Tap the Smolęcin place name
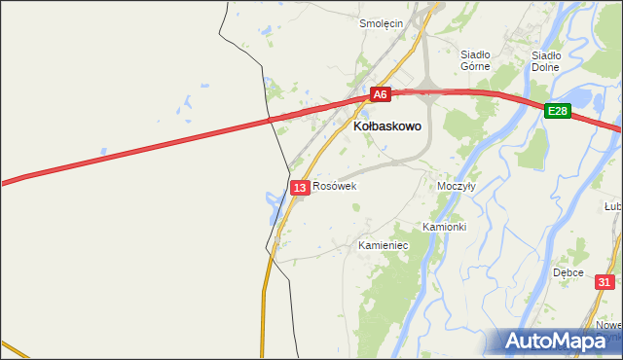point(381,24)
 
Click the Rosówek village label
point(335,186)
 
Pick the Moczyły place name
point(456,186)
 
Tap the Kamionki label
point(445,227)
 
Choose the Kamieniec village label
point(383,246)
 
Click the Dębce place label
point(568,272)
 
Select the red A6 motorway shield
point(381,94)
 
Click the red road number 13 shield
point(300,187)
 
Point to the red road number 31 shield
point(605,282)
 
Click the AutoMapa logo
point(558,342)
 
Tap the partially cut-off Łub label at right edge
point(613,206)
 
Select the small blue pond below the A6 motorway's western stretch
point(102,151)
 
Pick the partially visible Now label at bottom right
point(610,325)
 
